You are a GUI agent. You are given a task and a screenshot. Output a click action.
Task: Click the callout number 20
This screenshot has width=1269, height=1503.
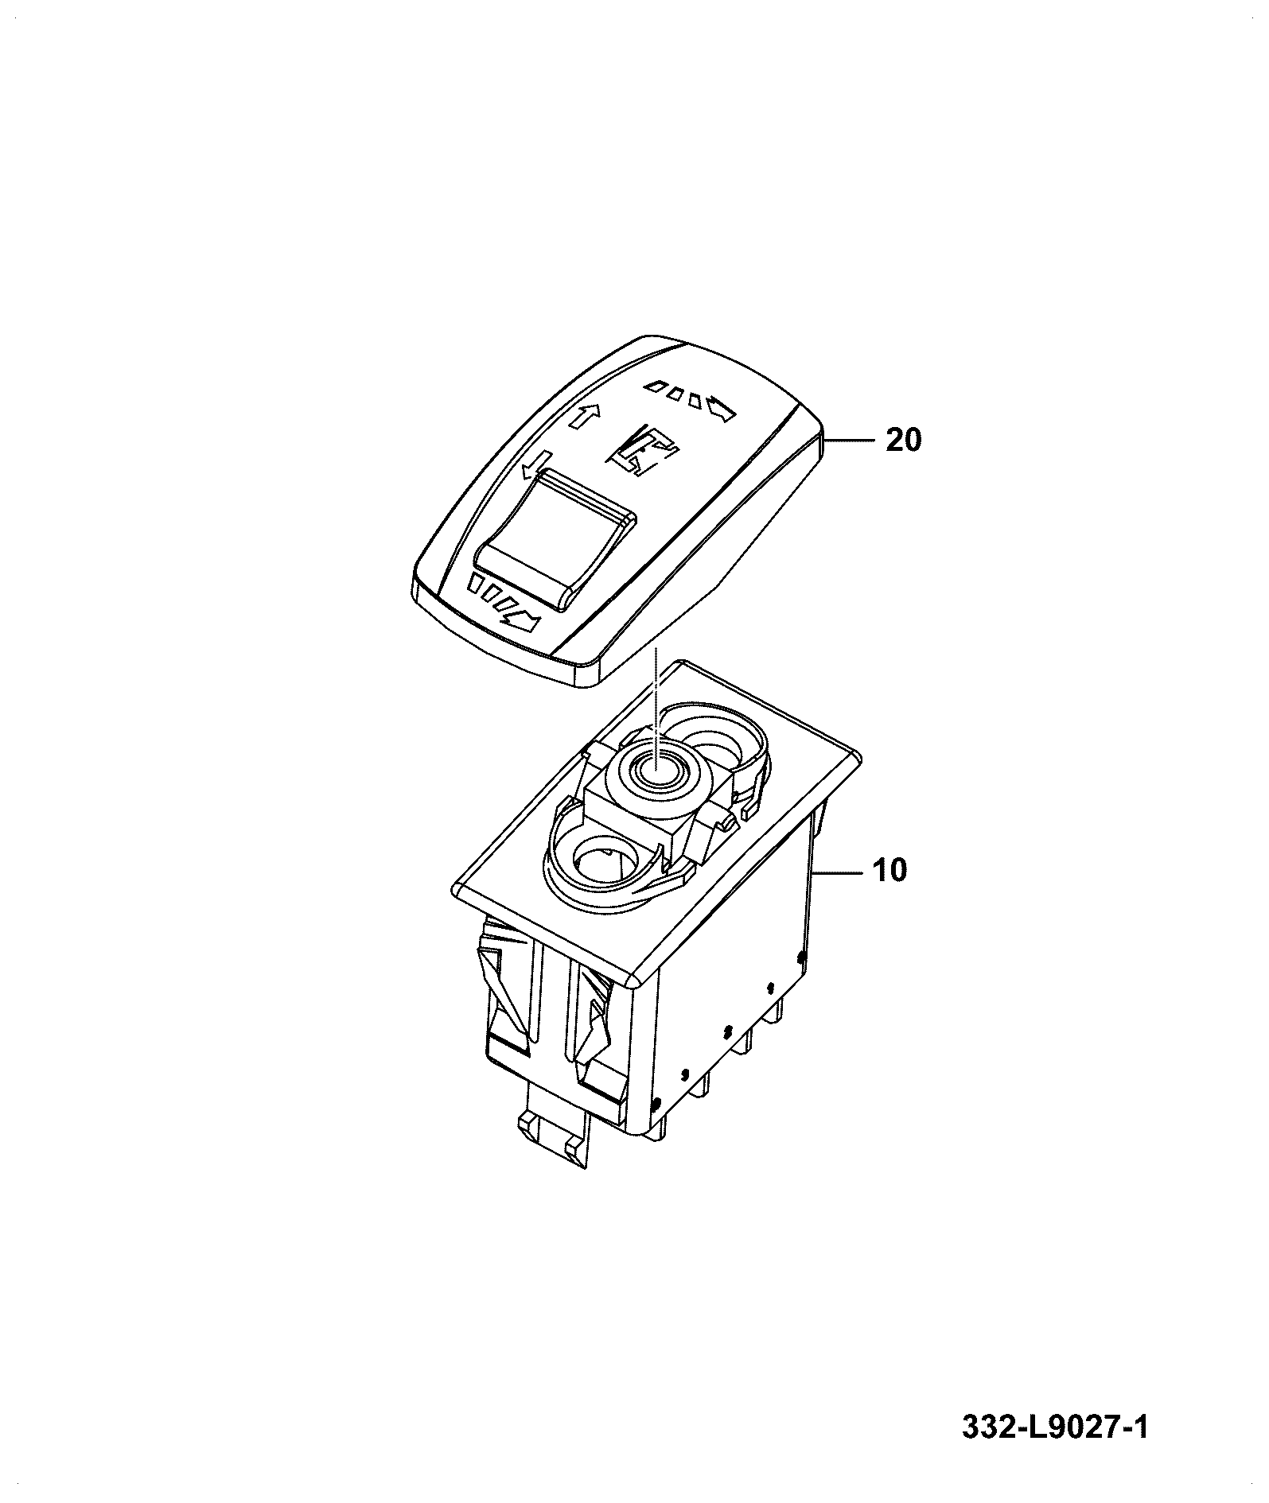point(903,439)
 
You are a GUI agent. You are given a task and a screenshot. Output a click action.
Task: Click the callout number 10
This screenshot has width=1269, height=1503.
point(890,870)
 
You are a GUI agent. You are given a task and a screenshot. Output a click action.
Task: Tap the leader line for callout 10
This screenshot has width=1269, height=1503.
point(836,872)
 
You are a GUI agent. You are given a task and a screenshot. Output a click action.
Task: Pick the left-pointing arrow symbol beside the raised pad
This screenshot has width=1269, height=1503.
point(536,464)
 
